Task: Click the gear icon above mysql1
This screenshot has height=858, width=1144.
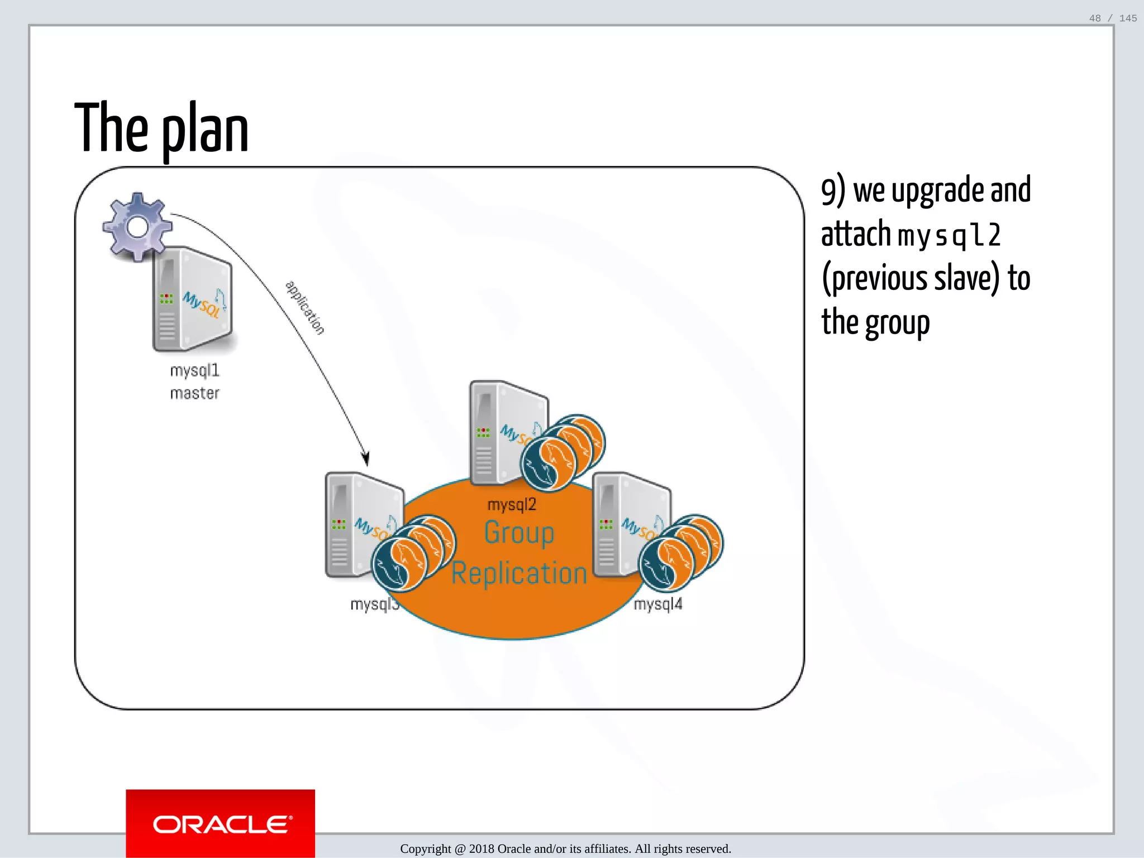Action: (x=137, y=226)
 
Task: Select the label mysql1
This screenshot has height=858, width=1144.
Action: (x=195, y=370)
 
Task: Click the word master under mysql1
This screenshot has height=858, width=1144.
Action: (x=195, y=393)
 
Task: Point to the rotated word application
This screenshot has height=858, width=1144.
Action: (x=304, y=307)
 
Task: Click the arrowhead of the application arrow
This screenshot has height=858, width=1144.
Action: (x=366, y=459)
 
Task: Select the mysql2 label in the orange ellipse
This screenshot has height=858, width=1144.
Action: (x=512, y=505)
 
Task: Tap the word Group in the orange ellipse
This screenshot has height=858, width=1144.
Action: (x=519, y=532)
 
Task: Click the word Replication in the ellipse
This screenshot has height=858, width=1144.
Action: (x=519, y=574)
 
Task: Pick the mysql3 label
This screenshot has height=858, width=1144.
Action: (x=374, y=604)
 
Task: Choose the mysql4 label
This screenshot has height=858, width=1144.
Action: (x=658, y=604)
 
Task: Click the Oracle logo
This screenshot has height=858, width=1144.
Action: (x=221, y=824)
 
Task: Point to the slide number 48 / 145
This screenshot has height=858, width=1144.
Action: (x=1113, y=18)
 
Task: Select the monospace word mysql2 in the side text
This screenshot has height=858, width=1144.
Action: (x=948, y=235)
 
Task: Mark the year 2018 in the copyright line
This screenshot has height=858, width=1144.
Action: (x=482, y=849)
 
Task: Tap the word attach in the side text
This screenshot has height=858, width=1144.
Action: (x=855, y=234)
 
